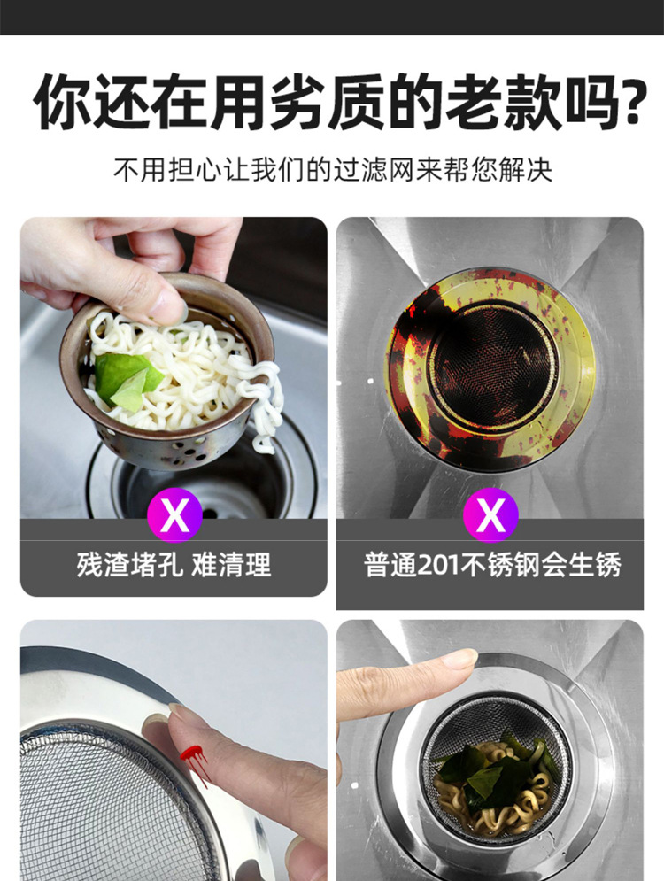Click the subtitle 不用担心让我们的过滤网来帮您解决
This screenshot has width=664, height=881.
pyautogui.click(x=332, y=169)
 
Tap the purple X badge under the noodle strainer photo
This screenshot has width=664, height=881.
pyautogui.click(x=174, y=514)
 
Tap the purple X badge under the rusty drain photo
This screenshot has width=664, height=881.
pyautogui.click(x=490, y=514)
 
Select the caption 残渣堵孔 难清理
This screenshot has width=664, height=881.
pyautogui.click(x=174, y=565)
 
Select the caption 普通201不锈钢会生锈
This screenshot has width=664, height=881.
pyautogui.click(x=490, y=565)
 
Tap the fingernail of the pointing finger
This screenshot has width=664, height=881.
pyautogui.click(x=459, y=659)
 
